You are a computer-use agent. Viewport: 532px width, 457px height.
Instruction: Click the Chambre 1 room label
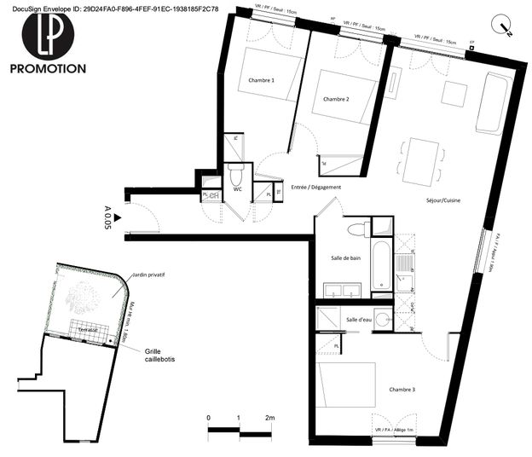pyautogui.click(x=261, y=80)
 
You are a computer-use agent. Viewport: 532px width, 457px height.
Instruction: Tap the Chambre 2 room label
pyautogui.click(x=336, y=99)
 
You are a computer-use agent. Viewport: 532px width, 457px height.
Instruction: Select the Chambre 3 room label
pyautogui.click(x=402, y=390)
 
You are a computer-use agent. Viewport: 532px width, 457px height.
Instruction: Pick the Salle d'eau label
pyautogui.click(x=359, y=319)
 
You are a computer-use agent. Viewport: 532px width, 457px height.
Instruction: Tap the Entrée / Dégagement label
pyautogui.click(x=315, y=188)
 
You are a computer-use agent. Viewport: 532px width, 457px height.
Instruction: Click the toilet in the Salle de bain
pyautogui.click(x=356, y=228)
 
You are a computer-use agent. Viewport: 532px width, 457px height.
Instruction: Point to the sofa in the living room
pyautogui.click(x=494, y=104)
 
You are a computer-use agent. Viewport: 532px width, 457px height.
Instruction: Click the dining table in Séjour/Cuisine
pyautogui.click(x=422, y=161)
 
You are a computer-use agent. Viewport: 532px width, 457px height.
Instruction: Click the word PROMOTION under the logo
pyautogui.click(x=48, y=68)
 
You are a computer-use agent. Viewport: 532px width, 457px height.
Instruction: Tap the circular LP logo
pyautogui.click(x=48, y=31)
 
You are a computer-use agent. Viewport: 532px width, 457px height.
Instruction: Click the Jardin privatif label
pyautogui.click(x=147, y=276)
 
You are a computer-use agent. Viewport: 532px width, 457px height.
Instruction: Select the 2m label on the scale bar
pyautogui.click(x=270, y=418)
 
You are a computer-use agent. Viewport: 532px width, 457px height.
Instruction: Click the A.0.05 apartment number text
pyautogui.click(x=107, y=218)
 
